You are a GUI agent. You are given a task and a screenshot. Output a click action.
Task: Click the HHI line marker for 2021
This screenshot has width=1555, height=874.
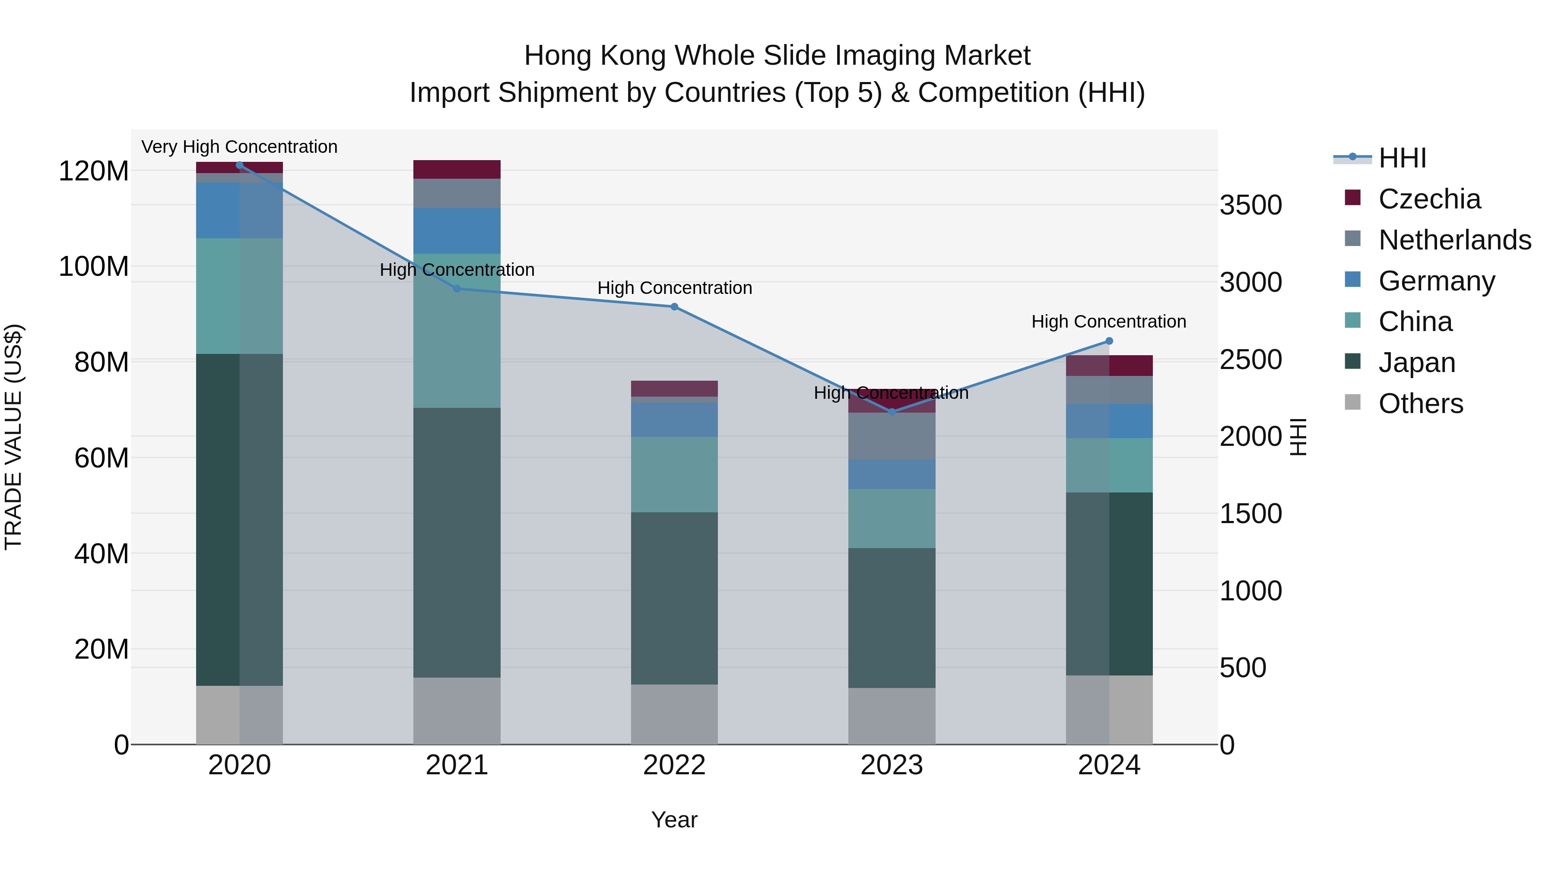[x=457, y=289]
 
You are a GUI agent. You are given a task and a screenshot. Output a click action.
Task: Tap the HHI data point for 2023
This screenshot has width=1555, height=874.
[x=892, y=412]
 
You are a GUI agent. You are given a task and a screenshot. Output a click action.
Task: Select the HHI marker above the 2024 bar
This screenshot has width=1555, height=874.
[x=1109, y=341]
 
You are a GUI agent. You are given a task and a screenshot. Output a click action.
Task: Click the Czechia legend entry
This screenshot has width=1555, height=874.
[x=1429, y=199]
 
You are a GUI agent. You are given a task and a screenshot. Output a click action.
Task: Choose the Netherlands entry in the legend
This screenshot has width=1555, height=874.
[x=1454, y=240]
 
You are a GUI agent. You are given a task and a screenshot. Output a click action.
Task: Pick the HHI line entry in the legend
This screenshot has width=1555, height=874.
[x=1402, y=158]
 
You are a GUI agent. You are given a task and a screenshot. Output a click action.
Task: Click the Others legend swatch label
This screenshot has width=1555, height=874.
[x=1420, y=404]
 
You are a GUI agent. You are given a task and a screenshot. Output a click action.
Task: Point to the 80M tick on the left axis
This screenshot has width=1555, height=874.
[x=102, y=363]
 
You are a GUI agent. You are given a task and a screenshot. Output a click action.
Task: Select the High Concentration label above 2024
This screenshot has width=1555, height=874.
[x=1108, y=322]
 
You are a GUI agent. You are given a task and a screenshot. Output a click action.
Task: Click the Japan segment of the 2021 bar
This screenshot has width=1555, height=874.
[x=457, y=543]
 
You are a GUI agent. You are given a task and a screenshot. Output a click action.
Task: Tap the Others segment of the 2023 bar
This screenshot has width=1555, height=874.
[x=892, y=716]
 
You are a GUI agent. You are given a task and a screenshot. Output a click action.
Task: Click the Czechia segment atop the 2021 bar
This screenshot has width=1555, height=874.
[x=457, y=170]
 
